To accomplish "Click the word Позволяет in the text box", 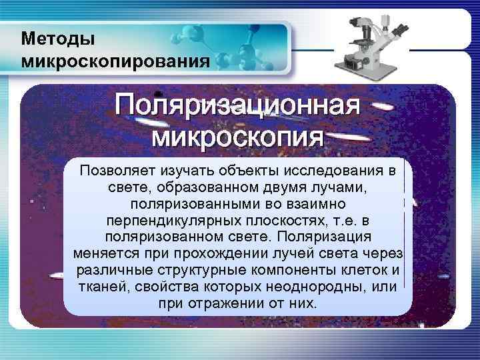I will click(x=111, y=171).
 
